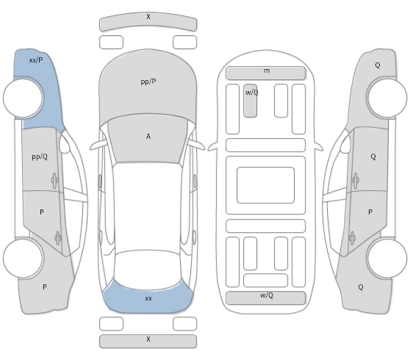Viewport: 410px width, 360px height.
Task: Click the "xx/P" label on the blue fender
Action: [36, 60]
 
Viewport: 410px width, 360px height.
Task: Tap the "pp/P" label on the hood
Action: [148, 82]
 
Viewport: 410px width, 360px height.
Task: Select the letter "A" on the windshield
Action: [148, 136]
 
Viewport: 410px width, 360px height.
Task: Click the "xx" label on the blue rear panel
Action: [148, 298]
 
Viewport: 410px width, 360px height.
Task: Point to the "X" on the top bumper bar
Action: [148, 17]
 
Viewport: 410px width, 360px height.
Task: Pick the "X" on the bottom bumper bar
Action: [148, 339]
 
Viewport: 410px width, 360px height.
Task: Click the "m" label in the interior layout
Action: [267, 71]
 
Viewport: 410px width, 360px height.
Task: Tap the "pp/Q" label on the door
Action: [40, 156]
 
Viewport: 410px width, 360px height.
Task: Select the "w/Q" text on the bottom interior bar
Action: [267, 295]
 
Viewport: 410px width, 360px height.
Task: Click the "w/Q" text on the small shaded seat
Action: [252, 93]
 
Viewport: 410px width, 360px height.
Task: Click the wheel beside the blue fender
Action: [23, 98]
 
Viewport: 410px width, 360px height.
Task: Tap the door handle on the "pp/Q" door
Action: [54, 180]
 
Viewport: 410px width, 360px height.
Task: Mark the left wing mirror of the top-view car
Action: [98, 145]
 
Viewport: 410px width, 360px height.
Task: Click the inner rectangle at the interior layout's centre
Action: [266, 185]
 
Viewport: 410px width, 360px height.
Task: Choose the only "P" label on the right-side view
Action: [370, 212]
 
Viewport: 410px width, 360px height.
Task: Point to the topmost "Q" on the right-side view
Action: [378, 65]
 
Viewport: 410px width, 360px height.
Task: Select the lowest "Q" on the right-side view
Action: [361, 287]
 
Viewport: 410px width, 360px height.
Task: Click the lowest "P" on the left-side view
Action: [45, 287]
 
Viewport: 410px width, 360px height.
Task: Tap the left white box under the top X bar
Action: [111, 43]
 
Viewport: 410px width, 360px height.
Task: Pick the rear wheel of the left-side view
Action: [23, 258]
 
